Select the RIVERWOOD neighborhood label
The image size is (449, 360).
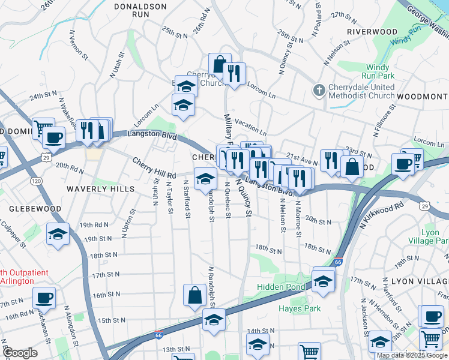[372, 31]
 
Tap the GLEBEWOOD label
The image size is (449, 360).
[35, 209]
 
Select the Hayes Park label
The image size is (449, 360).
[300, 309]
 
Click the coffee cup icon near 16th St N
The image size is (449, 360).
[44, 297]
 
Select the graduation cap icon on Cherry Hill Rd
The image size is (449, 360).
[205, 179]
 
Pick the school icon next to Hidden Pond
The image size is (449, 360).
[323, 280]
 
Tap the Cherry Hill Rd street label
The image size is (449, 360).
[154, 167]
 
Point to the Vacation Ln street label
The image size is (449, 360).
[250, 127]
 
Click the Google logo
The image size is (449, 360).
[20, 353]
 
